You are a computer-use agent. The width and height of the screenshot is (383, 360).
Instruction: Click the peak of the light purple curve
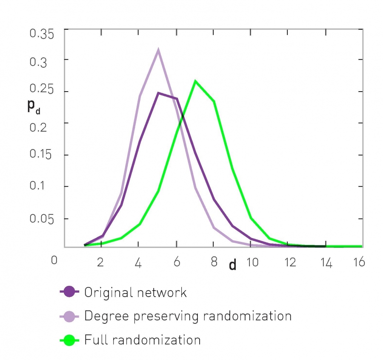click(x=158, y=50)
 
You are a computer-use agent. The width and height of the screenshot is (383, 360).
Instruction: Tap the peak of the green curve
click(x=195, y=81)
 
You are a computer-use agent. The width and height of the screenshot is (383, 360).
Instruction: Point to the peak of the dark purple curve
click(x=158, y=92)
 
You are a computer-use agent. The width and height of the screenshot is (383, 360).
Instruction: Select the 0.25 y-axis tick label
click(x=42, y=91)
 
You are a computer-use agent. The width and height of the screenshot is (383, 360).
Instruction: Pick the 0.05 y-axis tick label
click(x=42, y=219)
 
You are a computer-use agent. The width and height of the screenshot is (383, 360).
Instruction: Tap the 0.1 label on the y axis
click(x=45, y=187)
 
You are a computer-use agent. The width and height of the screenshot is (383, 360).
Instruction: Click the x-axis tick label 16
click(x=359, y=262)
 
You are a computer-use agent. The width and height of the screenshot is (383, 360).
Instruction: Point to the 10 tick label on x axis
click(x=252, y=262)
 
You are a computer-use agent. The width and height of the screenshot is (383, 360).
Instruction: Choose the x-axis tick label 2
click(x=101, y=262)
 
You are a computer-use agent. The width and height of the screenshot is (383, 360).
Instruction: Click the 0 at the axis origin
click(x=54, y=260)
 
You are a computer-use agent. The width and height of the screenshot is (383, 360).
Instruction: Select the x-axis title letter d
click(x=233, y=265)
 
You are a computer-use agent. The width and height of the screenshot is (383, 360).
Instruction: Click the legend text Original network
click(x=135, y=292)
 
